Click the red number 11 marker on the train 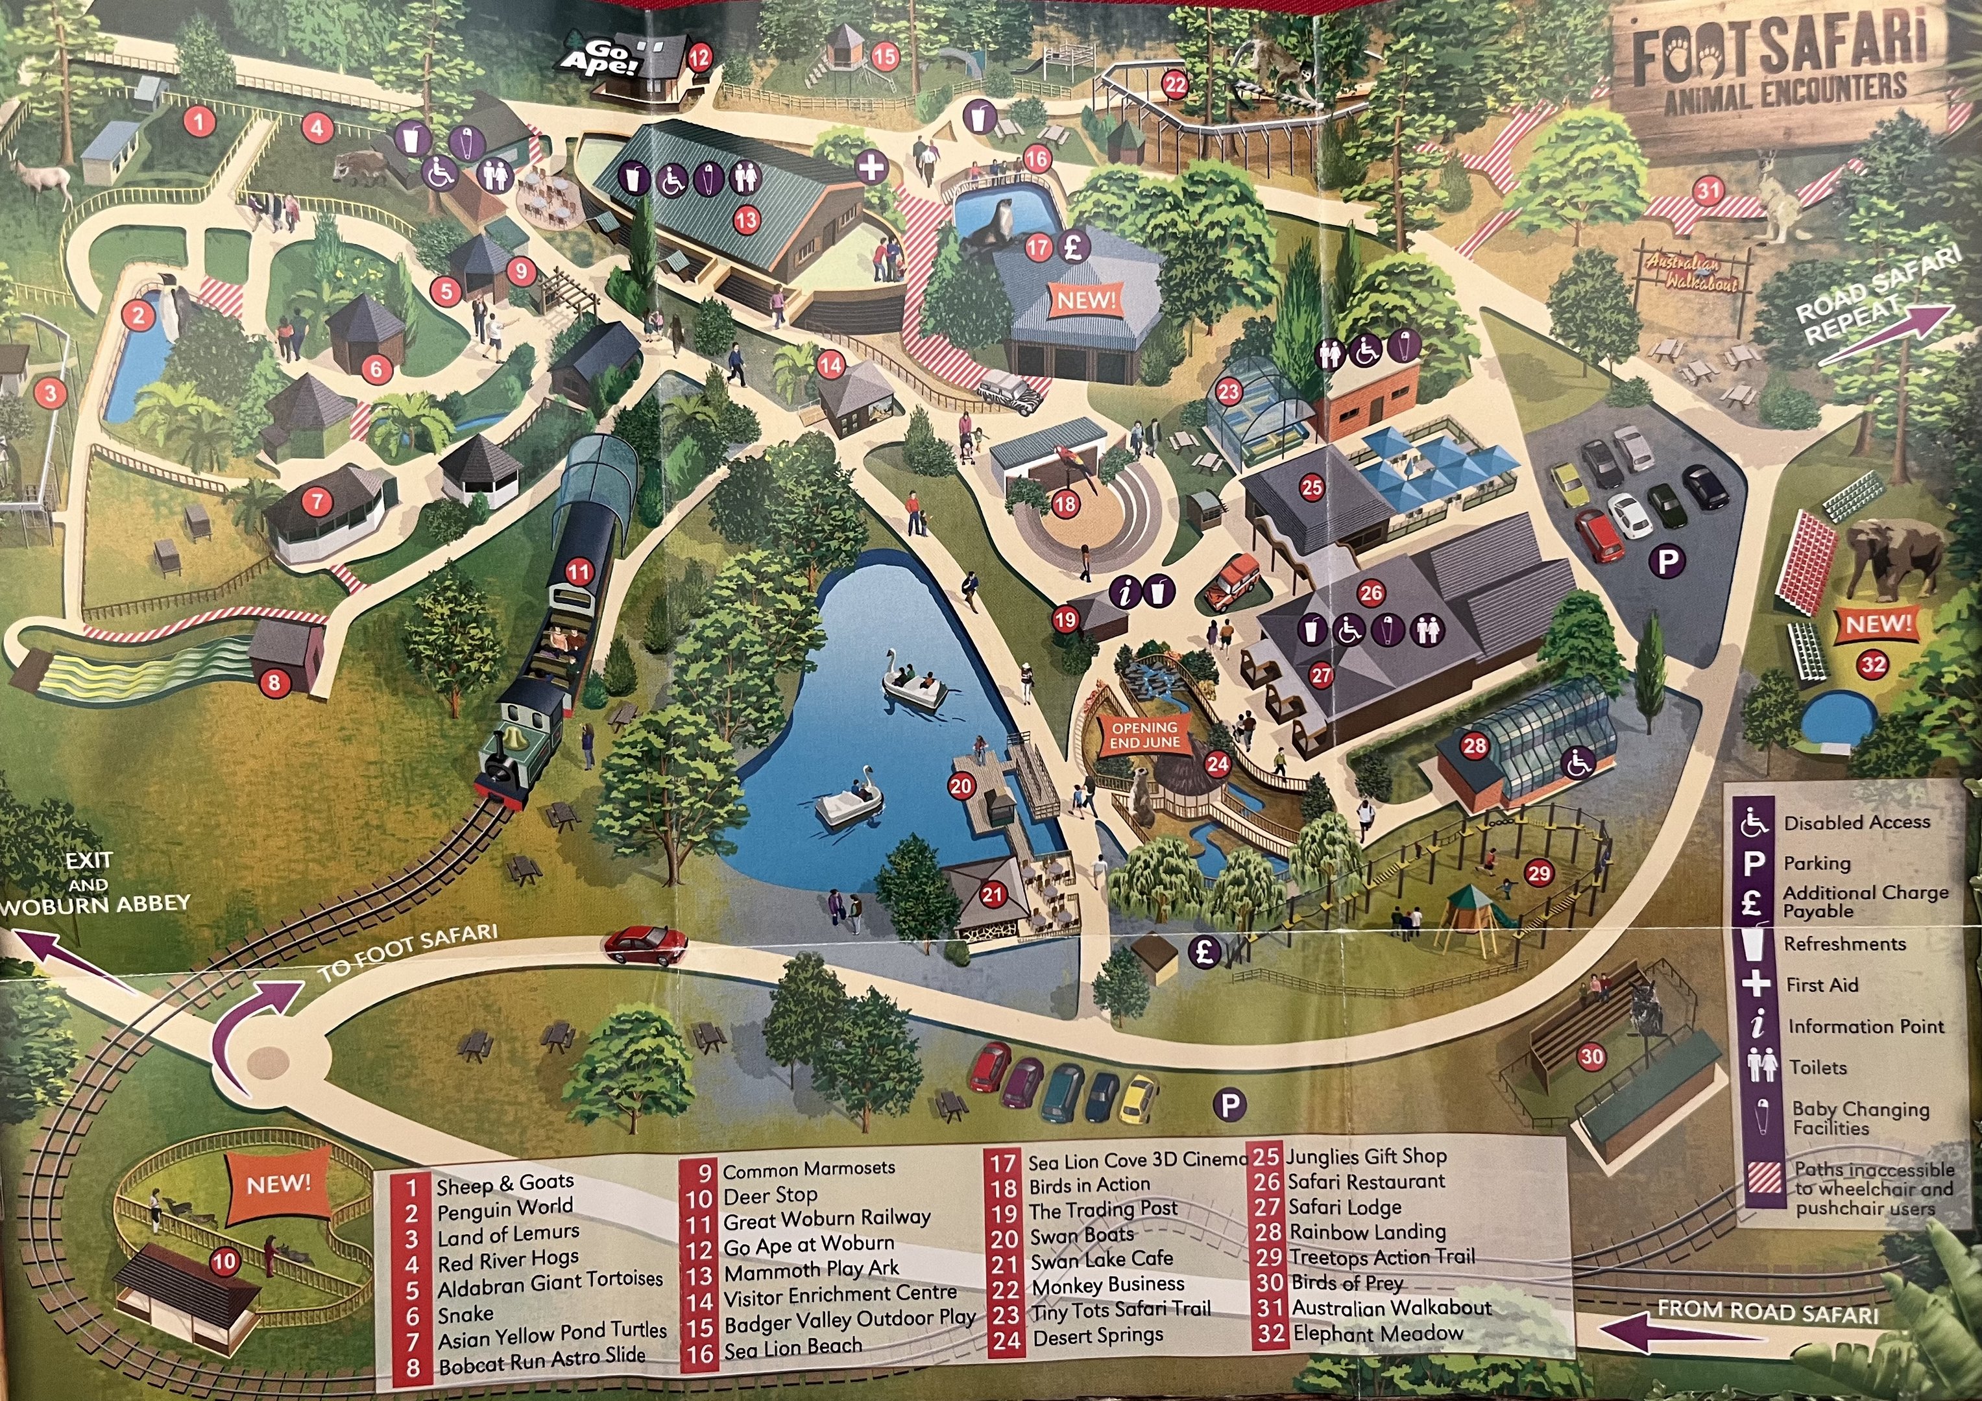(x=578, y=571)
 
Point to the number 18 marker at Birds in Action (x=1065, y=503)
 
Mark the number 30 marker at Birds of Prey (x=1591, y=1056)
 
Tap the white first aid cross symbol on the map (x=872, y=167)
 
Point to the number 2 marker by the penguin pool (x=139, y=316)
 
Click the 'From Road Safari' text (x=1767, y=1313)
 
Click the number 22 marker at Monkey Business (x=1175, y=84)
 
